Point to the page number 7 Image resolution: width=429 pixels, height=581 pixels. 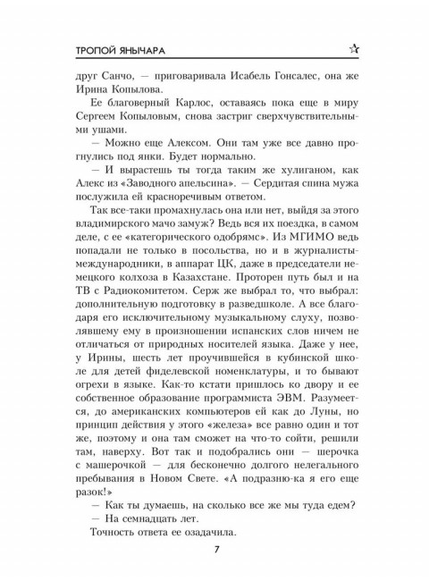point(215,547)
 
